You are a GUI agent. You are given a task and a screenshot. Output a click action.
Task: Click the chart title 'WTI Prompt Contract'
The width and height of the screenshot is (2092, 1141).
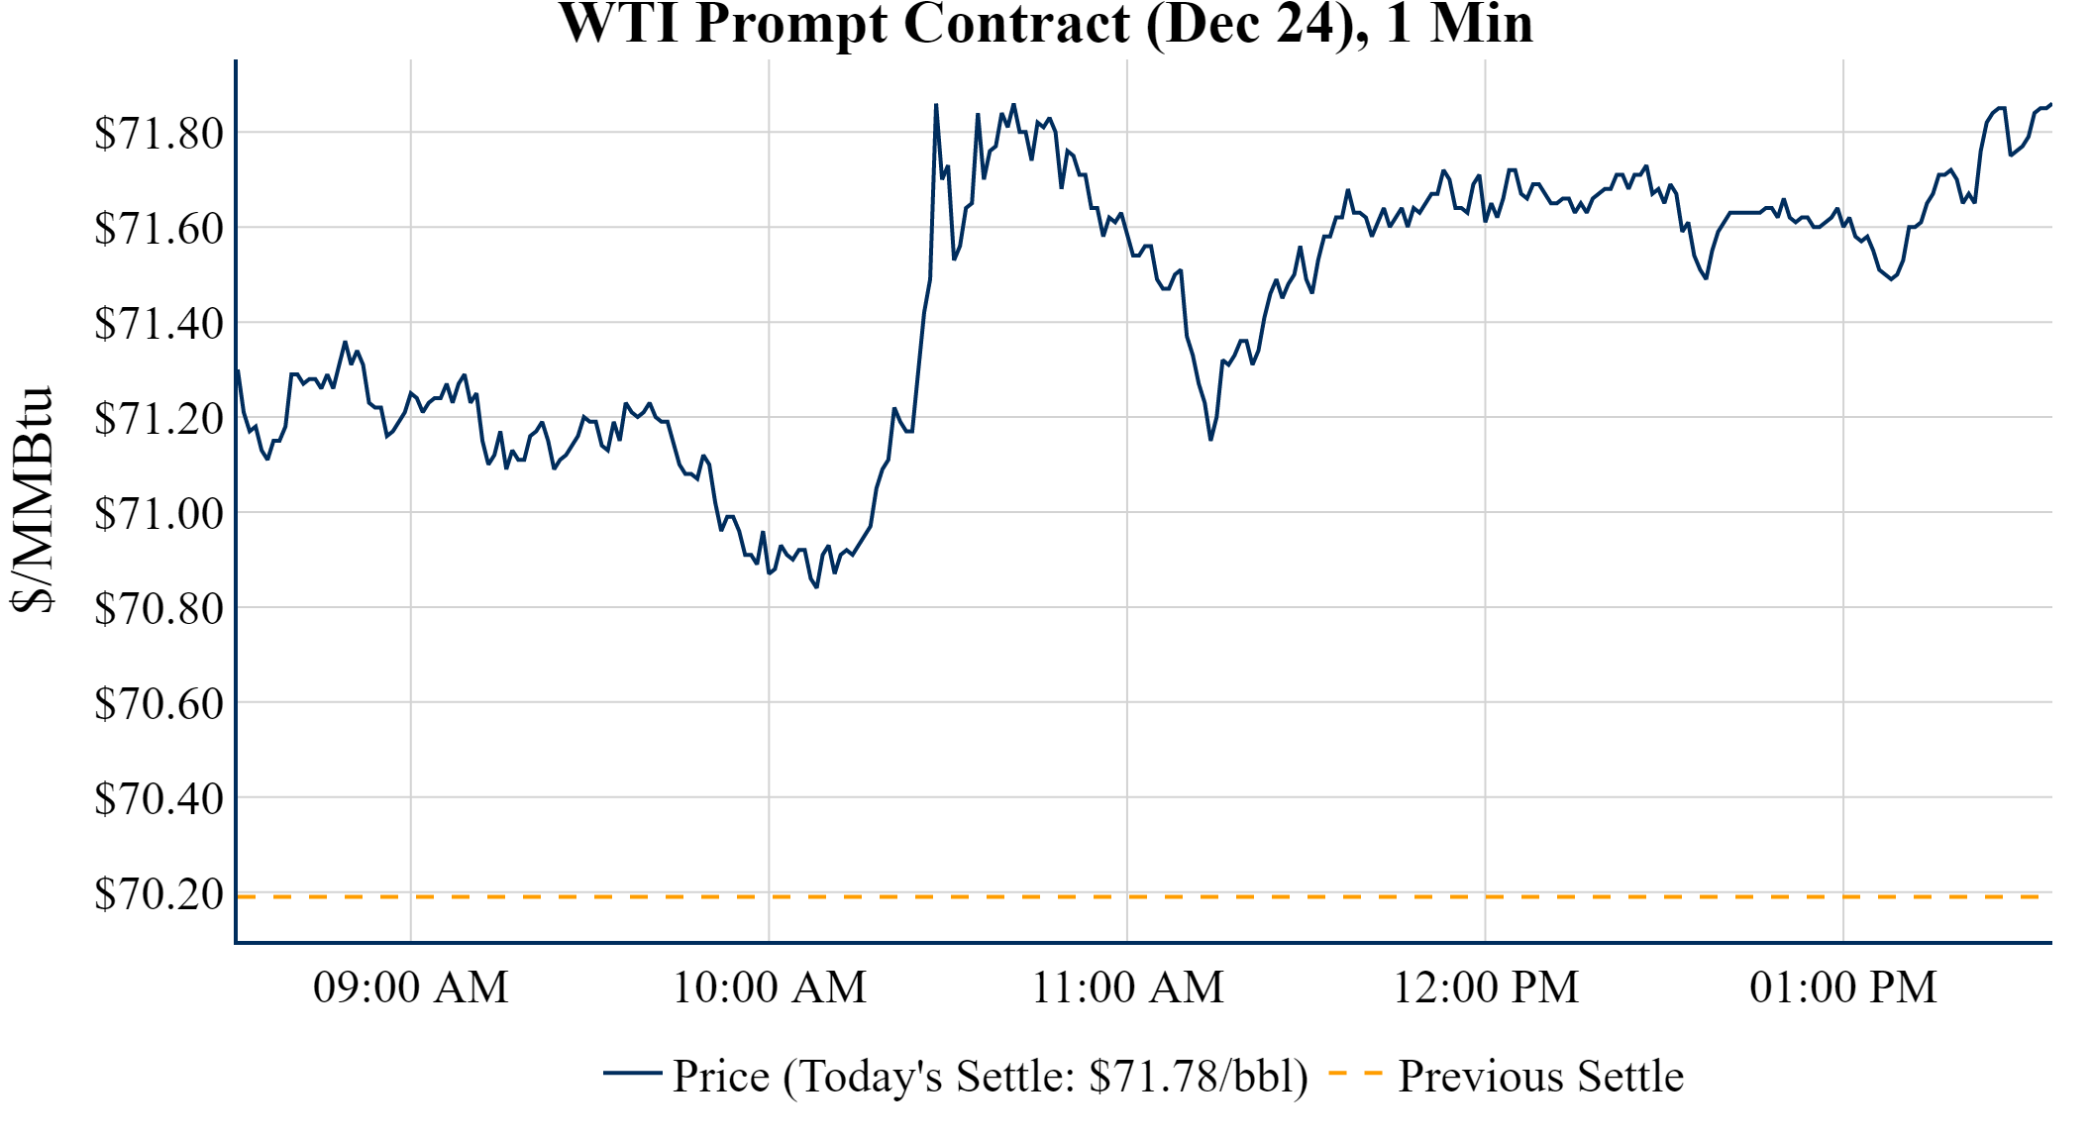[1046, 24]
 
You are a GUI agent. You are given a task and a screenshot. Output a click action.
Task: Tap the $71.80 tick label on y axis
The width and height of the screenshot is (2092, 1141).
[158, 133]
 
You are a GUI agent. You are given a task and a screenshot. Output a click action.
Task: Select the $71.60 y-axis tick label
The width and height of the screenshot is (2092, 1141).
[158, 228]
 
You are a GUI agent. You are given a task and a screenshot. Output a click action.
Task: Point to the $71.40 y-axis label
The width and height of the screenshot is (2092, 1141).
[158, 323]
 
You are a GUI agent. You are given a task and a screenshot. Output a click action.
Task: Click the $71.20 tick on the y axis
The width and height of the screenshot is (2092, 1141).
[158, 418]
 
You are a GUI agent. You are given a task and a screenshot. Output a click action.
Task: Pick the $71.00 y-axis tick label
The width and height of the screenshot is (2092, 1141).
[158, 513]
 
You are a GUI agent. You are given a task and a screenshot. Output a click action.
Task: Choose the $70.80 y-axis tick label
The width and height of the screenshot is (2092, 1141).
[158, 608]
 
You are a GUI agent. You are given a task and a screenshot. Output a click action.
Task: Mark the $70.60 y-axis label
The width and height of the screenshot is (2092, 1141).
[158, 703]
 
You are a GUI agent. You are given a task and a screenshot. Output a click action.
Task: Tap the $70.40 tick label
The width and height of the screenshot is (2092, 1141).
[158, 798]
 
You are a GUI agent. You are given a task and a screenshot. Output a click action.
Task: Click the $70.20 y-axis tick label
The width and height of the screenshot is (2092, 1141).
[158, 893]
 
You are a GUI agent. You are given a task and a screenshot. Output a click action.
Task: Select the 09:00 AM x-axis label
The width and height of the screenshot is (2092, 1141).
[411, 987]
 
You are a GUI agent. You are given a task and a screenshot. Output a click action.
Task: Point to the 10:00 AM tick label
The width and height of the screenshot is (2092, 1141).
[770, 987]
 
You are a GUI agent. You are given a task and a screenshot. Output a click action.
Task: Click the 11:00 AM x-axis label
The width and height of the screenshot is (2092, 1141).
[1128, 987]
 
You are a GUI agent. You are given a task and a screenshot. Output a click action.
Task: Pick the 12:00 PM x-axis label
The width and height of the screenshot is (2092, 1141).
[1486, 987]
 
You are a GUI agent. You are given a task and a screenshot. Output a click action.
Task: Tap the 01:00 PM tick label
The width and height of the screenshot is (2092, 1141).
[1843, 987]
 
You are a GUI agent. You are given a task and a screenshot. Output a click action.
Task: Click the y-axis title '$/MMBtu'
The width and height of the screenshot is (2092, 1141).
[34, 500]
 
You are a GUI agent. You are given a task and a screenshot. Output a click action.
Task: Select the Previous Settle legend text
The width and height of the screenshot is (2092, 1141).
[1540, 1076]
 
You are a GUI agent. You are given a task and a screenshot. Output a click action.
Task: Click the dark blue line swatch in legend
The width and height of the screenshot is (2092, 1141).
[632, 1073]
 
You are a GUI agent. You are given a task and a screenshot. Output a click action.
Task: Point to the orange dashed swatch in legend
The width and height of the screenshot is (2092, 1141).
[1355, 1073]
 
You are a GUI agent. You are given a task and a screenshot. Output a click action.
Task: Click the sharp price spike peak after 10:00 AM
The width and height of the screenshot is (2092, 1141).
[936, 105]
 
